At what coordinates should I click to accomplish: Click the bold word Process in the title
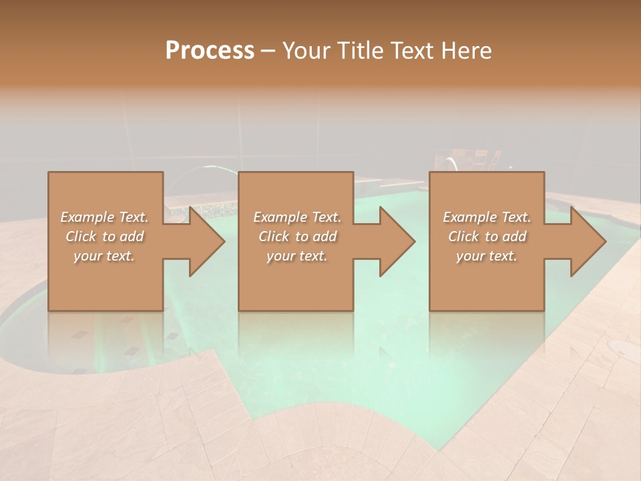click(210, 51)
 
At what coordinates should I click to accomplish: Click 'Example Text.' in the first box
click(105, 217)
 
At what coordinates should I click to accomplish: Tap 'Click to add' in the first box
click(105, 236)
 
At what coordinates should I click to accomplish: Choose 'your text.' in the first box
click(105, 256)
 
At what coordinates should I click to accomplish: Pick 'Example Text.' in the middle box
click(297, 217)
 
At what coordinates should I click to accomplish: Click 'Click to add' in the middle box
click(297, 236)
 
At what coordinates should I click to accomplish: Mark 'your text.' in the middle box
click(297, 256)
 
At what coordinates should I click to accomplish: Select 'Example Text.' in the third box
click(487, 217)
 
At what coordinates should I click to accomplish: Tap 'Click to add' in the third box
click(487, 236)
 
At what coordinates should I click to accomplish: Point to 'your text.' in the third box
click(487, 256)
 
